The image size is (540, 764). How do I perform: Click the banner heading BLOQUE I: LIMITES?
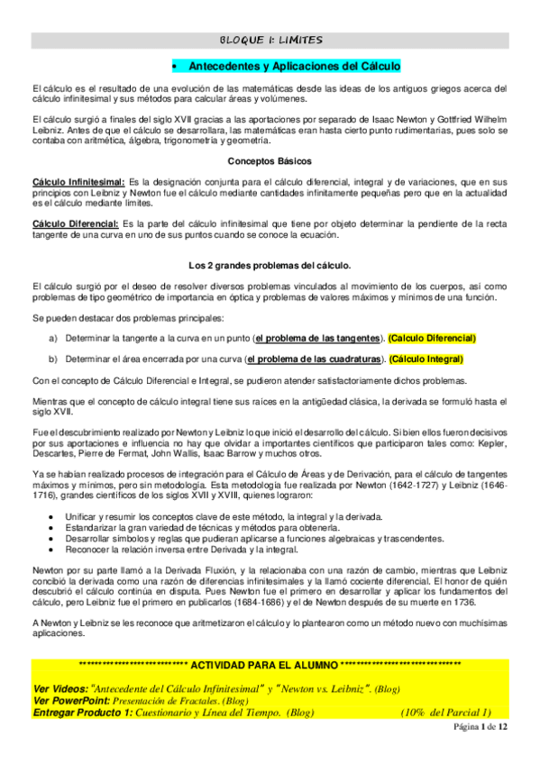click(x=270, y=40)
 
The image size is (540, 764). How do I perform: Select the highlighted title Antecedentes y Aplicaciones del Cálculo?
click(x=295, y=67)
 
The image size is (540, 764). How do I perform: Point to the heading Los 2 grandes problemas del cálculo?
click(x=270, y=265)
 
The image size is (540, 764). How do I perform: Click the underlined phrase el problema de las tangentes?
click(x=317, y=338)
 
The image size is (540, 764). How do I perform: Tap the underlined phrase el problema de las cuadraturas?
click(x=313, y=359)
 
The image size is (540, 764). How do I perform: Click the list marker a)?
click(x=53, y=338)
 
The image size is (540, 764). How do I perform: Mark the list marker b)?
click(x=53, y=359)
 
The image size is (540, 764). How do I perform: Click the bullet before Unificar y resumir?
click(x=57, y=515)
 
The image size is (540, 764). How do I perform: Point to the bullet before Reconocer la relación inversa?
click(x=57, y=549)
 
